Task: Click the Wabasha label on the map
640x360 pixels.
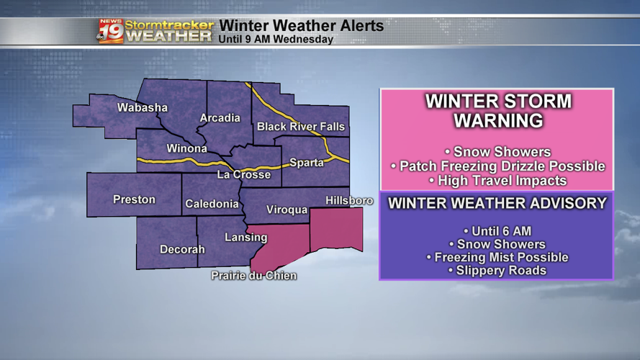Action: point(143,108)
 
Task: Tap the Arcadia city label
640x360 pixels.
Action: point(220,118)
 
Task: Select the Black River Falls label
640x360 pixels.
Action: point(301,127)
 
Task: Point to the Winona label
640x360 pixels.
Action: point(186,149)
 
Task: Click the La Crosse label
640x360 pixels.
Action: point(244,175)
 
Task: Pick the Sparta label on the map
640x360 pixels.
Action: point(307,163)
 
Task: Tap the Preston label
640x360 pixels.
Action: point(134,199)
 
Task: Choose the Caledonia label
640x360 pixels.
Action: point(212,204)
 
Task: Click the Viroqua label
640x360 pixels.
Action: point(287,210)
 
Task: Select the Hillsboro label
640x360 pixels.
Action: point(349,200)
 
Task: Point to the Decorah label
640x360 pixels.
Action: point(182,249)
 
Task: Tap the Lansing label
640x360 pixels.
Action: point(245,237)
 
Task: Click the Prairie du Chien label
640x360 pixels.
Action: point(253,276)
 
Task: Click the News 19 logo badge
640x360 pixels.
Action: point(110,32)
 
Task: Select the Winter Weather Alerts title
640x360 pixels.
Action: point(301,26)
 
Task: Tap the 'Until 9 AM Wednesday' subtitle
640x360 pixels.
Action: point(276,40)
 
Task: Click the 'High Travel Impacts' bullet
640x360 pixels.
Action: point(497,180)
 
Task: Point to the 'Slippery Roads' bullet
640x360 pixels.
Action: point(497,271)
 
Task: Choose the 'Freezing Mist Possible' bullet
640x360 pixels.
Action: point(497,257)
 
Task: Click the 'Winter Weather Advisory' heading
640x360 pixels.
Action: point(497,204)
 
